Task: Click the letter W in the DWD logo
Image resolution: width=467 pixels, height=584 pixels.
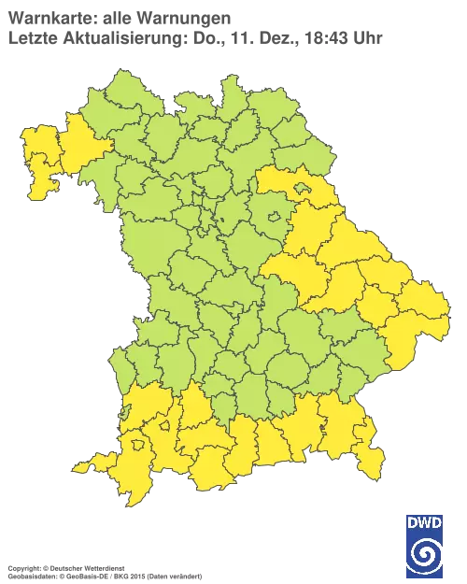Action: (425, 523)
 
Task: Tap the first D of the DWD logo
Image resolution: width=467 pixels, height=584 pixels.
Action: (413, 523)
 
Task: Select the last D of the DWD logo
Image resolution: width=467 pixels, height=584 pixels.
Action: (438, 523)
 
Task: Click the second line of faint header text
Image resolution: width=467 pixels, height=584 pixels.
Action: (196, 38)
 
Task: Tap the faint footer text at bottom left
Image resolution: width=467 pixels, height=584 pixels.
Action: (103, 567)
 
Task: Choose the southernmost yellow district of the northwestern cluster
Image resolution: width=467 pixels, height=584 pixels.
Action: (42, 187)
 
